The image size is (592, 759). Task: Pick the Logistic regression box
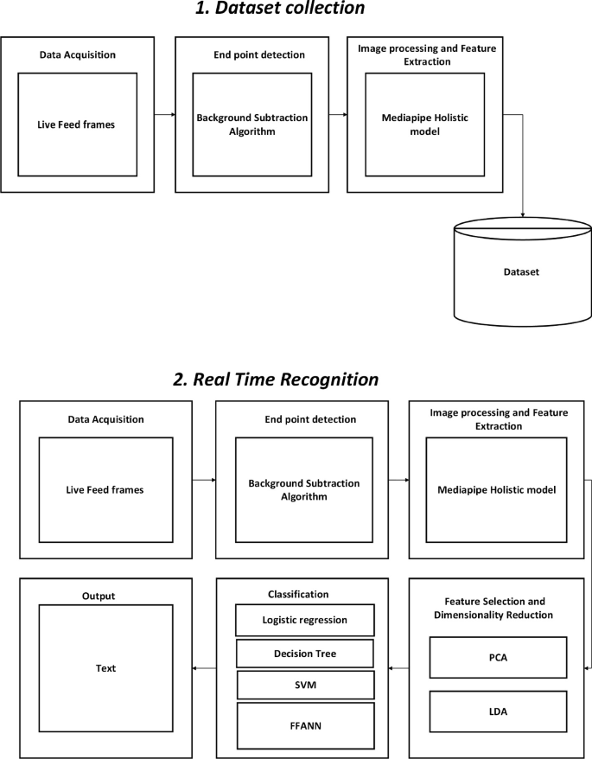point(305,621)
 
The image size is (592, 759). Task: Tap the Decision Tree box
point(305,654)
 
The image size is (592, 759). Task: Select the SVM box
point(305,685)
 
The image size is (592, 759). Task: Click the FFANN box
point(305,722)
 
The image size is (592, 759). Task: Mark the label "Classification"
point(305,596)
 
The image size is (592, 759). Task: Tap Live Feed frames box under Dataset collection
point(78,125)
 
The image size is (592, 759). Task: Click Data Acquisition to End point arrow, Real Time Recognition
point(203,478)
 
